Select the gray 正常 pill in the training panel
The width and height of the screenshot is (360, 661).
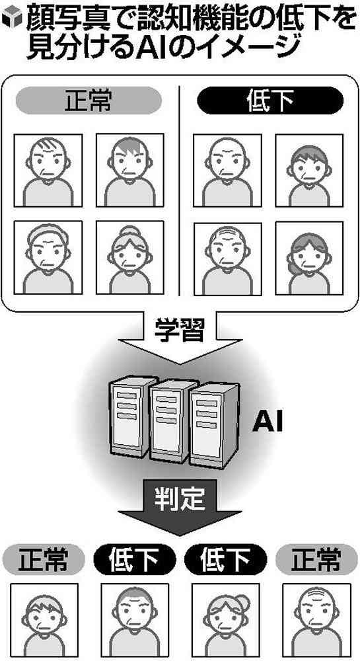89,100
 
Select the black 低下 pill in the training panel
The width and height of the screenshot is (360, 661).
270,100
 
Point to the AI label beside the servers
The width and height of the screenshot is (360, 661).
268,423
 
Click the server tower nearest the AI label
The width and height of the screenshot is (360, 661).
213,425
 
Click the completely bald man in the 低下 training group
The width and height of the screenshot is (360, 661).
227,171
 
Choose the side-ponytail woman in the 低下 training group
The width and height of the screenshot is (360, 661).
309,258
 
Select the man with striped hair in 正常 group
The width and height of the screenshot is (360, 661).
48,171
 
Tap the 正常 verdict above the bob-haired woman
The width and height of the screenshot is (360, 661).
43,560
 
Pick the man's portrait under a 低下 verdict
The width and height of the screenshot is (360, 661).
135,620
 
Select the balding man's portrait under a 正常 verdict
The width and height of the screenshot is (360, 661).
316,620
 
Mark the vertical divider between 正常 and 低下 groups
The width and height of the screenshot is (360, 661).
180,190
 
